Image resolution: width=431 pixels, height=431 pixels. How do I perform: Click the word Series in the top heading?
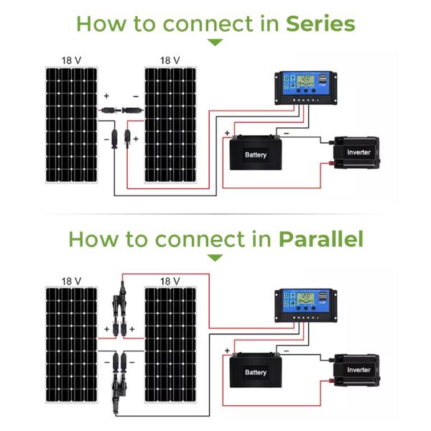click(x=320, y=24)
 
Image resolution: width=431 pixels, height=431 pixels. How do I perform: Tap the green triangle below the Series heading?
click(x=215, y=42)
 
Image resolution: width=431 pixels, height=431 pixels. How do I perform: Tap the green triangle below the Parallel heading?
click(x=215, y=258)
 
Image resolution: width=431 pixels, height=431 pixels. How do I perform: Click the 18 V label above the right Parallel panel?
click(x=170, y=281)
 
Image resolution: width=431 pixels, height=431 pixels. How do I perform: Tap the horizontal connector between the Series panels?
click(x=121, y=111)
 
